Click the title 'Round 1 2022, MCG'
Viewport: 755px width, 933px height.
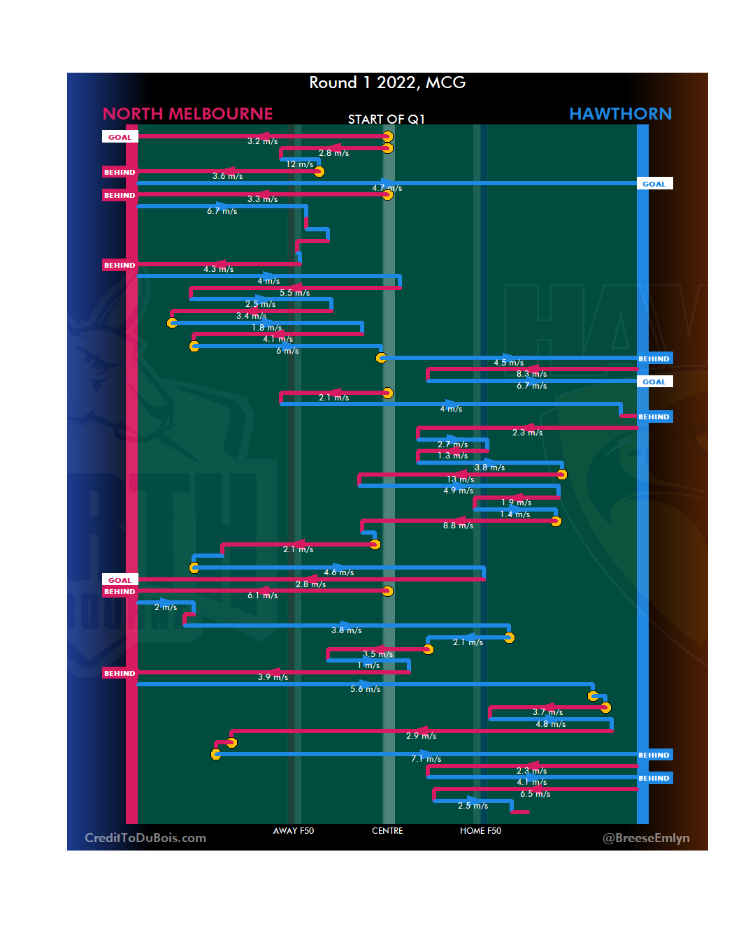387,82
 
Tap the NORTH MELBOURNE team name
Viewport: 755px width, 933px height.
187,114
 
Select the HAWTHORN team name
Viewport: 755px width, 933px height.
620,114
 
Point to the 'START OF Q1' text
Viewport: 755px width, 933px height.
386,120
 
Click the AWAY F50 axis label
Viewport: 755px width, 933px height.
294,831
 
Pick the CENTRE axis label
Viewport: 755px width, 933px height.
387,831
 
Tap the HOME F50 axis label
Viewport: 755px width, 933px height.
480,831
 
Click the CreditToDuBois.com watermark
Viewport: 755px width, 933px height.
145,838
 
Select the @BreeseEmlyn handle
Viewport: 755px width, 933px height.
646,838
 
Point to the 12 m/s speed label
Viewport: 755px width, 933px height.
300,165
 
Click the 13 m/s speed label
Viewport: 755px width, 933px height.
461,479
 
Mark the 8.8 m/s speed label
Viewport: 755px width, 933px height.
458,526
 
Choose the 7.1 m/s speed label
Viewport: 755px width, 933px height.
426,759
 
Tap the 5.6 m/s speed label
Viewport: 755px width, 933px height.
366,689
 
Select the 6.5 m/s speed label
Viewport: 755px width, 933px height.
535,794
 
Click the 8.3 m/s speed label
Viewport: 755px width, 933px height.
531,375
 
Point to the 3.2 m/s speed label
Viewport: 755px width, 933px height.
262,141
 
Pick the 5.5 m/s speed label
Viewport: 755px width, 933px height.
294,293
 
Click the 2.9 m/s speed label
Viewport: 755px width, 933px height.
421,736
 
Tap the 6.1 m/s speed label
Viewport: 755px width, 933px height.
262,595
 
